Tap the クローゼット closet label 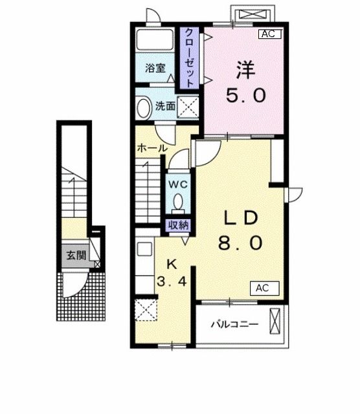point(190,58)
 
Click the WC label point(178,184)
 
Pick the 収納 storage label point(178,225)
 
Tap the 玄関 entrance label point(76,256)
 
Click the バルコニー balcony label point(234,325)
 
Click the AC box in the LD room point(262,287)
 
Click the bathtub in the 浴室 point(156,39)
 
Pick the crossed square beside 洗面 point(188,107)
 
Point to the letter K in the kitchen point(172,263)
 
